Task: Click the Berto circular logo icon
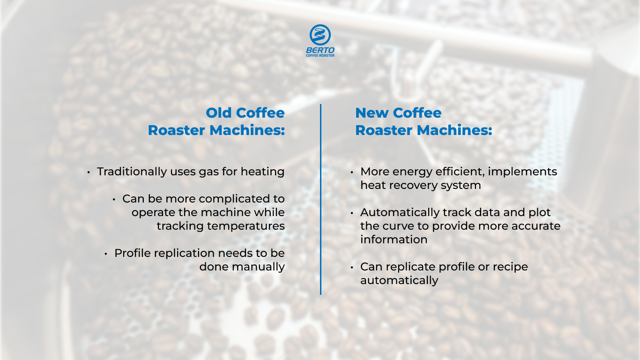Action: pyautogui.click(x=320, y=35)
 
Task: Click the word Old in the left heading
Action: pyautogui.click(x=219, y=113)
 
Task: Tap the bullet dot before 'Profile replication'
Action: pyautogui.click(x=106, y=254)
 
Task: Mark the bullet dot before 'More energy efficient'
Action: pyautogui.click(x=352, y=172)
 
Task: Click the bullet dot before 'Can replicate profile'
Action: pyautogui.click(x=352, y=267)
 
